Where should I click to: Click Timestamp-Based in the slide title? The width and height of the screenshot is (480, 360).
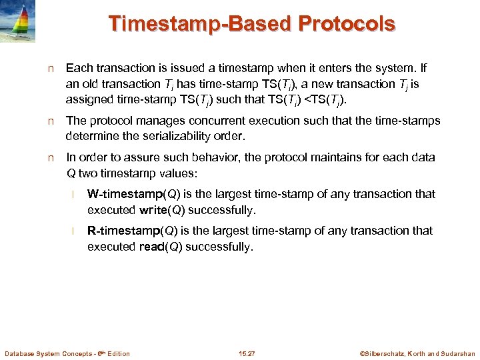click(201, 23)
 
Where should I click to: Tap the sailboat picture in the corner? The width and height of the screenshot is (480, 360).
click(23, 22)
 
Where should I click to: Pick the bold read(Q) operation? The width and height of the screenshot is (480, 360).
click(159, 247)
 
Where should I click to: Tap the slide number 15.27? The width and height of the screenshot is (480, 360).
click(247, 353)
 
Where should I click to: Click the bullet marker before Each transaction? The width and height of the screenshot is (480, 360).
click(51, 69)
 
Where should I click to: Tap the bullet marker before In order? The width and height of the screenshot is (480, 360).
click(51, 158)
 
